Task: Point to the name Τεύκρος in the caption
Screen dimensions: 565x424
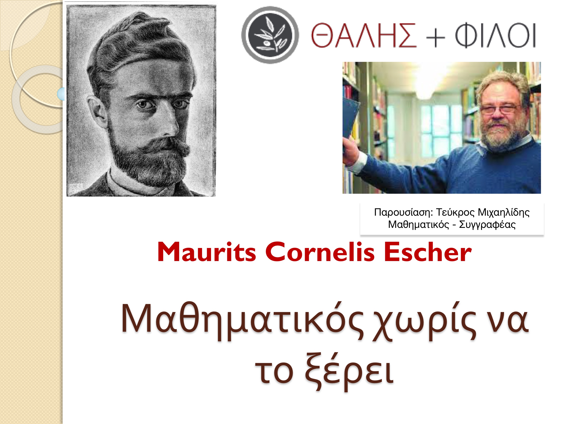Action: (x=455, y=212)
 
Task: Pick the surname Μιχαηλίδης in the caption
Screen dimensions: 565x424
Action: (x=504, y=212)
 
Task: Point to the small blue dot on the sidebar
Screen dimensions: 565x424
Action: (x=61, y=94)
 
